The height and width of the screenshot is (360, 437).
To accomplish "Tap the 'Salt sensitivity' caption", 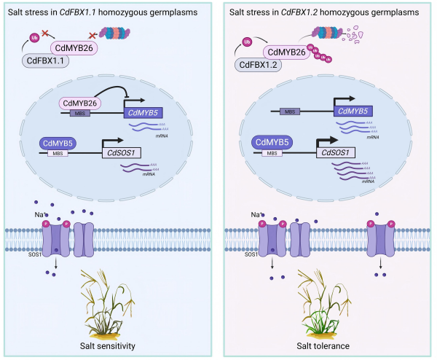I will pos(101,345).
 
